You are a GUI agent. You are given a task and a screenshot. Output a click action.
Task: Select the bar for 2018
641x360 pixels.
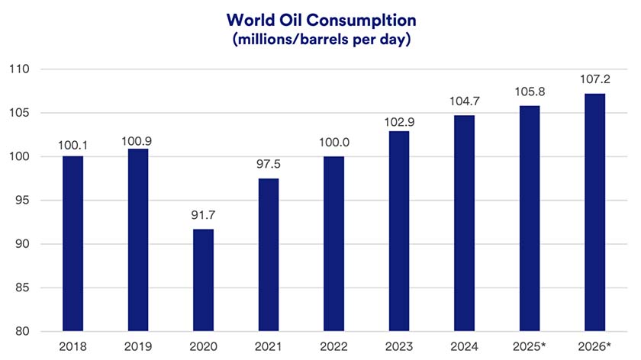point(73,244)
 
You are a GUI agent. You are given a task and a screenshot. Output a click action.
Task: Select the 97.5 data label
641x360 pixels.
point(269,165)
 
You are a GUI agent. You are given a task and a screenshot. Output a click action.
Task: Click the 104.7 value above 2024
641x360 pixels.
point(464,102)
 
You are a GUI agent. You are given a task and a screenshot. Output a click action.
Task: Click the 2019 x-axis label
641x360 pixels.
point(138,348)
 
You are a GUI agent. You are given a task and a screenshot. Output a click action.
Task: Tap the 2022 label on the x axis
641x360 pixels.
point(333,348)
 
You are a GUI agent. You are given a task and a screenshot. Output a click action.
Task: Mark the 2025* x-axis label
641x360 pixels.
point(530,348)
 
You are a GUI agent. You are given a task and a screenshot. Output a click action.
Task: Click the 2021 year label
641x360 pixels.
point(269,348)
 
